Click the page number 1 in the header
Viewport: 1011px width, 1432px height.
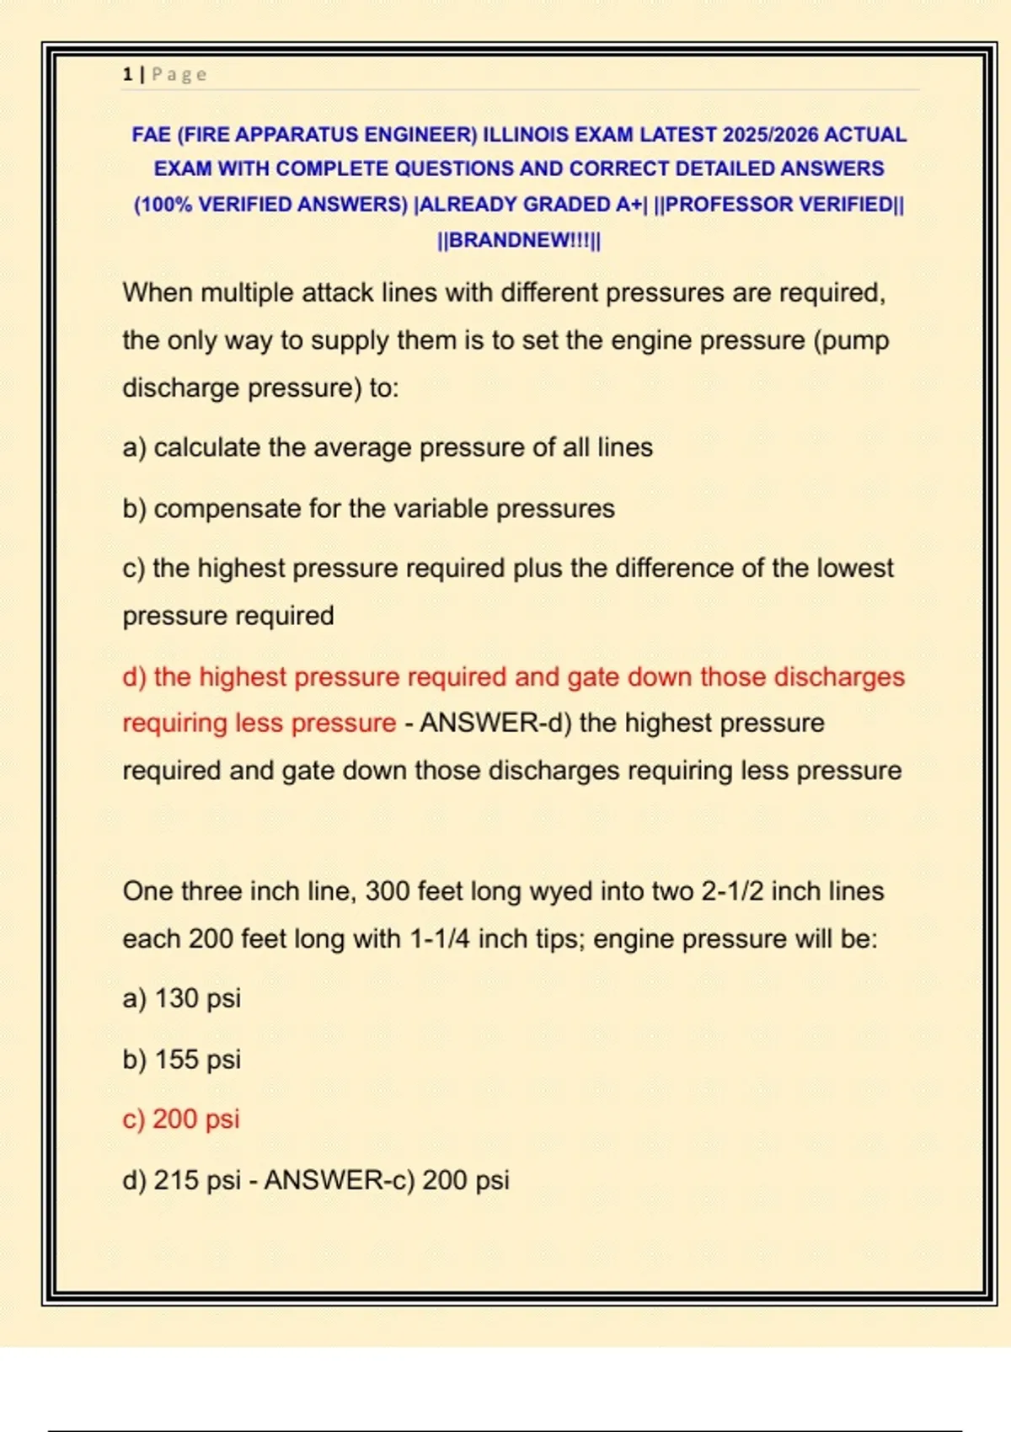coord(127,75)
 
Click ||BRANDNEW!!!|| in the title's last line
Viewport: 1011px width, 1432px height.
coord(519,240)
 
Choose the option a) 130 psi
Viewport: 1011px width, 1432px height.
coord(182,998)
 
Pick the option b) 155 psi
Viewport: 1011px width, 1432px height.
coord(182,1060)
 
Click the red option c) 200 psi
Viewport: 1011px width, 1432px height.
coord(181,1119)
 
